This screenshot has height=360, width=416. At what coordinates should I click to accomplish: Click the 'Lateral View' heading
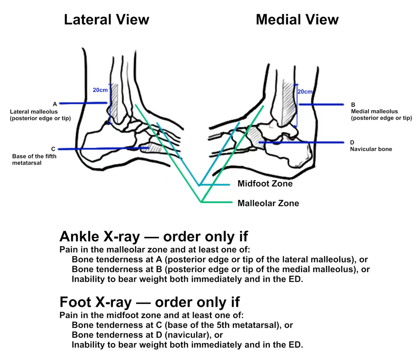[x=106, y=19]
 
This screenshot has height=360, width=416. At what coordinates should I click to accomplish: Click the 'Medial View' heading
[x=297, y=19]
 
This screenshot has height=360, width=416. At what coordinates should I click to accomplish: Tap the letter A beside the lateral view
[x=54, y=104]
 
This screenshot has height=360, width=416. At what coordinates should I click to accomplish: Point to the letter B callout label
[x=353, y=105]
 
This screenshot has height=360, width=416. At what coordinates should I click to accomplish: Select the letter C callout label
[x=53, y=149]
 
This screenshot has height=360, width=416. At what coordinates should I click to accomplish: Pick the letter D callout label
[x=352, y=143]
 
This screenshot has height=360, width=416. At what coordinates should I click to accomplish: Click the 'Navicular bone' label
[x=371, y=149]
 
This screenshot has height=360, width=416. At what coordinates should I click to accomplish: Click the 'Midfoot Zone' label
[x=265, y=184]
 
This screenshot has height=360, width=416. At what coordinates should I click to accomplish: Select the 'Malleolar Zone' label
[x=268, y=203]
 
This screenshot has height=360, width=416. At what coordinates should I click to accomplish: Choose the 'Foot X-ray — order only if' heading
[x=149, y=302]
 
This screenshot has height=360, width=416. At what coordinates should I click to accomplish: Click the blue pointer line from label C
[x=102, y=148]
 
